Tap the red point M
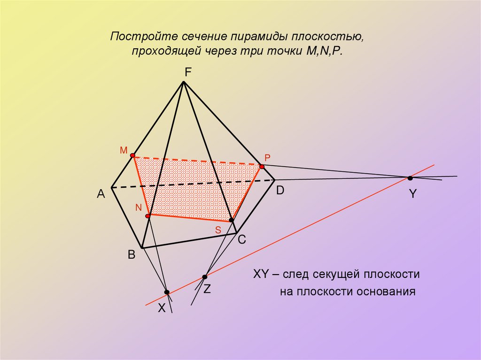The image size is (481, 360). pos(133,155)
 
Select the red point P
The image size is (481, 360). pos(262,166)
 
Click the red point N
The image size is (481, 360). pos(147,216)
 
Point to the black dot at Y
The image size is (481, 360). pos(410,178)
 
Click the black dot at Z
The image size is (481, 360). pos(204,277)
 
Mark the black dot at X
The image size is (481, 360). pos(167,292)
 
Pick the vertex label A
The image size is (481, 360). pos(101,194)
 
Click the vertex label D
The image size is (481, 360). pos(280,191)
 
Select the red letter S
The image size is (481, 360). pos(218,230)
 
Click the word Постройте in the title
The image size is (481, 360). pos(136,37)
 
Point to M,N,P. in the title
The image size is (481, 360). pos(322,51)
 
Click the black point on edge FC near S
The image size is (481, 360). pos(231,220)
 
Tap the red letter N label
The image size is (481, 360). pos(138,207)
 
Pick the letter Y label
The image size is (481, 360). pos(412,194)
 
